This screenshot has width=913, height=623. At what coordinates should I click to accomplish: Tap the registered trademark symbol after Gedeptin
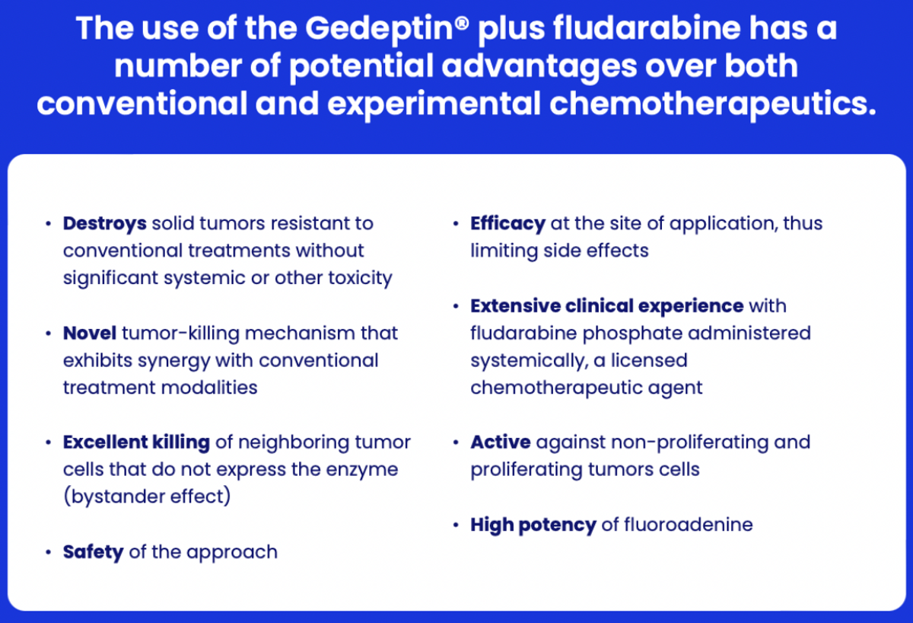click(461, 23)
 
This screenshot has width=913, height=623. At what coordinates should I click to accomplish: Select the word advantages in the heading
click(539, 67)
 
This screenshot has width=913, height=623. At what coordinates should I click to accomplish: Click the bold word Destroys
click(105, 224)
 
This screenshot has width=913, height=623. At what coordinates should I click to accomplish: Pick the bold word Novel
click(90, 333)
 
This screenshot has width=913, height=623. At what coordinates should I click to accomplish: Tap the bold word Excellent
click(105, 442)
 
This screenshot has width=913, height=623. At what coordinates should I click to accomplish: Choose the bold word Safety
click(94, 552)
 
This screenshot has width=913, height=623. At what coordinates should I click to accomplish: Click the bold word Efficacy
click(508, 224)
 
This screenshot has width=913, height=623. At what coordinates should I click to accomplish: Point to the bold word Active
click(501, 442)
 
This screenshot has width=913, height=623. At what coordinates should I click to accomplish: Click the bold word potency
click(557, 526)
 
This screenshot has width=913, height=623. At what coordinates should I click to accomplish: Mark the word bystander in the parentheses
click(118, 497)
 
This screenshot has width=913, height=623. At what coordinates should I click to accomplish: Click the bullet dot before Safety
click(49, 552)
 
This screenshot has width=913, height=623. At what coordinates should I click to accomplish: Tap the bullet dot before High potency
click(456, 525)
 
